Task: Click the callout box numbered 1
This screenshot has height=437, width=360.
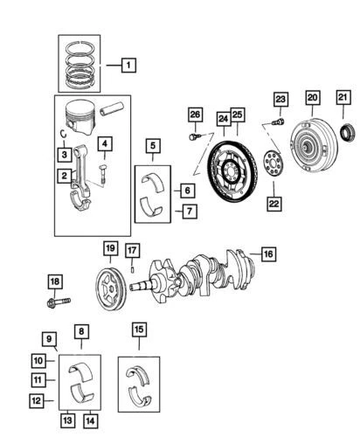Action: click(128, 64)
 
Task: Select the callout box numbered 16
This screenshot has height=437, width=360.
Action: click(267, 253)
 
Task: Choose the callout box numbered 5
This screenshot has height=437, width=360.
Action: click(152, 146)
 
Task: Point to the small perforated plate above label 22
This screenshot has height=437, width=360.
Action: click(272, 164)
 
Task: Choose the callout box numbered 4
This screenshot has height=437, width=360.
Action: click(105, 144)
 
